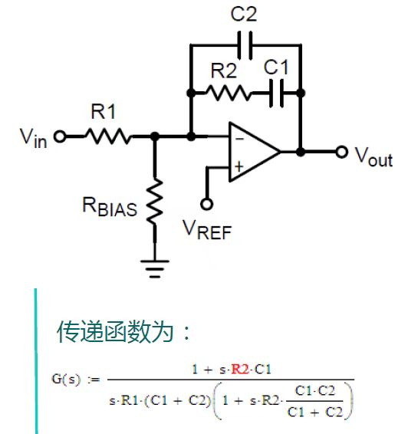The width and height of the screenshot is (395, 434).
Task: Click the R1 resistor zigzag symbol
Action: (x=108, y=136)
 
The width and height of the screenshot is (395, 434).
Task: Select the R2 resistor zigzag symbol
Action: (x=228, y=93)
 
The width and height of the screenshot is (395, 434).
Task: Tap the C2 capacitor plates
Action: (x=245, y=45)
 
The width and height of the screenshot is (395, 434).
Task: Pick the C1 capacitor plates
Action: (x=277, y=94)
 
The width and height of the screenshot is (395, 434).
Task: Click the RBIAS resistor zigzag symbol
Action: (x=155, y=201)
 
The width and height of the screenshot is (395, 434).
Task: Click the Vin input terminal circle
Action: (x=60, y=136)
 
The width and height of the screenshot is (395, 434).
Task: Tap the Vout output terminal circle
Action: (x=342, y=152)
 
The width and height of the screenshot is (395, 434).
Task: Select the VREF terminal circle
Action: (x=206, y=204)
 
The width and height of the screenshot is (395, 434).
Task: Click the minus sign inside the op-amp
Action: (x=240, y=138)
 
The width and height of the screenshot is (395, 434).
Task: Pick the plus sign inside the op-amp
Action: (x=239, y=166)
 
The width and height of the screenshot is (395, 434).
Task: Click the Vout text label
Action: (x=374, y=157)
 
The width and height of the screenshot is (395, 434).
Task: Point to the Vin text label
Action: (x=33, y=138)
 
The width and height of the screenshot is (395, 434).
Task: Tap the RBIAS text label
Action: (x=110, y=206)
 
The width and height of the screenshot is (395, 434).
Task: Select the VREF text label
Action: (x=207, y=230)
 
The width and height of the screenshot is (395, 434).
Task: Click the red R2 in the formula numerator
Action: (x=240, y=370)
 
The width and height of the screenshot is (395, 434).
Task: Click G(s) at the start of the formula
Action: (x=66, y=379)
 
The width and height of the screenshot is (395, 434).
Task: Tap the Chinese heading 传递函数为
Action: (x=115, y=331)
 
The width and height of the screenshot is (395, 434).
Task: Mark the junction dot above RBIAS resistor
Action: (x=155, y=136)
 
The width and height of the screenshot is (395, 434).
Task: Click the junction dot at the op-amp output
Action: (x=301, y=152)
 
